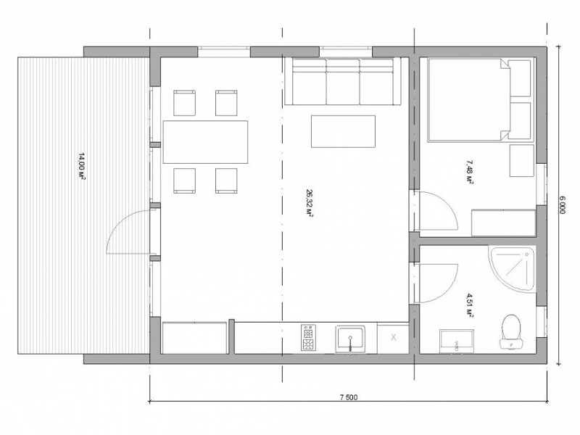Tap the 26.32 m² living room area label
click(310, 203)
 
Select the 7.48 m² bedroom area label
click(469, 172)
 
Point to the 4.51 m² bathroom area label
click(469, 304)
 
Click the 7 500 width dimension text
click(349, 397)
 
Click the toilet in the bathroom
click(511, 332)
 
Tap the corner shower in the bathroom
click(513, 268)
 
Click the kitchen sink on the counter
click(350, 339)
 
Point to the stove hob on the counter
click(309, 337)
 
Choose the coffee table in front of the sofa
click(343, 131)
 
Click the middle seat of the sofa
click(342, 81)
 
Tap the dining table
click(205, 141)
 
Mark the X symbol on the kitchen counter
click(394, 337)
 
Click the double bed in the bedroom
click(481, 99)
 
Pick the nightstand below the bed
click(521, 160)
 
